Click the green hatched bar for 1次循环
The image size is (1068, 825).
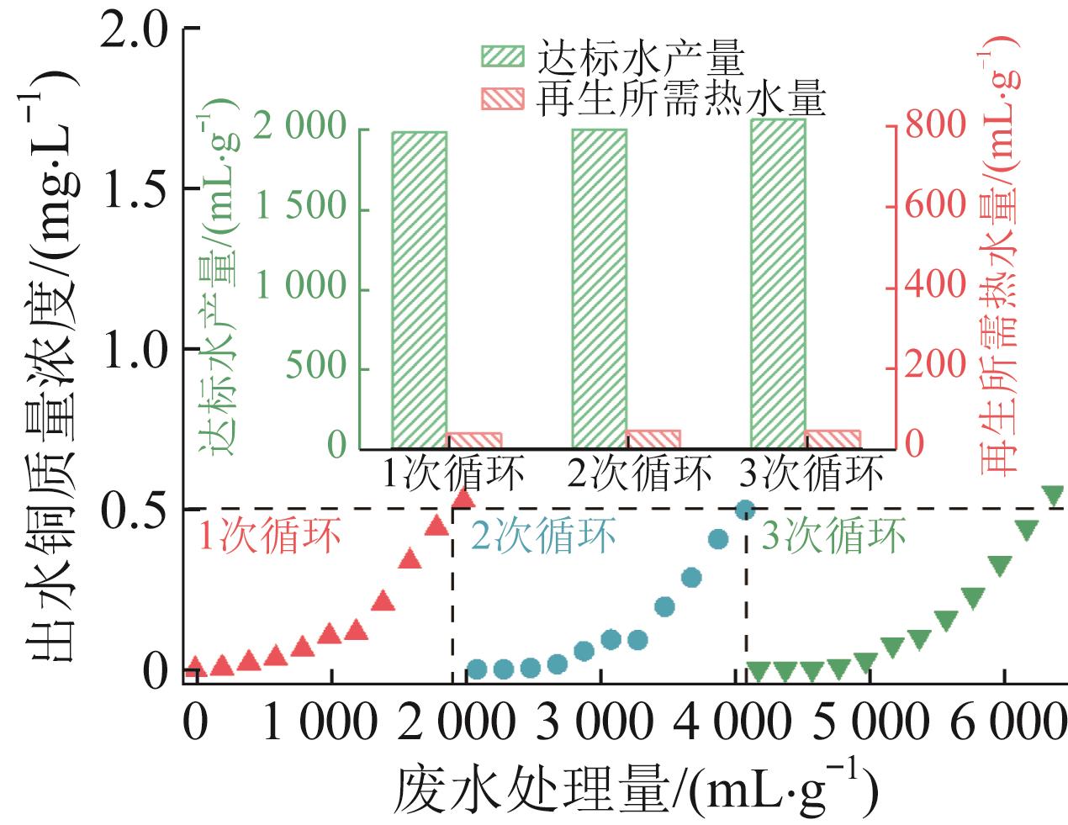click(419, 289)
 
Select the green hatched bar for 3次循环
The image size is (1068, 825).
click(778, 283)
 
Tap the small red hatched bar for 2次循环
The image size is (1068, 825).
click(653, 439)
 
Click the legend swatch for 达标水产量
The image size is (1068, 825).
click(501, 57)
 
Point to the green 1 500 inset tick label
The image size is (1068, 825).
click(301, 205)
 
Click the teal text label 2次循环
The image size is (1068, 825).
click(543, 536)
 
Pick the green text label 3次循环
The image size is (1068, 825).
click(833, 536)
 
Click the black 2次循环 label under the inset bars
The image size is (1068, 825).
click(639, 473)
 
